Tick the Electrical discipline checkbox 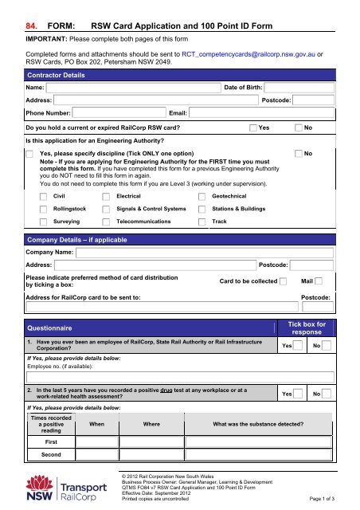[106, 195]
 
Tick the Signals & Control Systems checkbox [106, 209]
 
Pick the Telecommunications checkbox [106, 222]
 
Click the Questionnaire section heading [50, 327]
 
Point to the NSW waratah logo [37, 487]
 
